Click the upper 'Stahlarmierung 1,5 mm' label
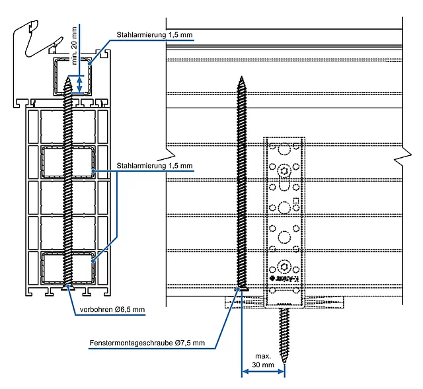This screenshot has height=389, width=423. pyautogui.click(x=154, y=34)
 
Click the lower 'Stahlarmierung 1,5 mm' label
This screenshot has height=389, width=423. pyautogui.click(x=154, y=165)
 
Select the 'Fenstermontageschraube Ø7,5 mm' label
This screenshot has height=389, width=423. pyautogui.click(x=147, y=343)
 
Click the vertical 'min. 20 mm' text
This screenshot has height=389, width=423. pyautogui.click(x=74, y=44)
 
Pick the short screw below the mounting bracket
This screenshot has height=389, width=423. pyautogui.click(x=284, y=334)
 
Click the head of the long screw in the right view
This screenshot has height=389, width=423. pyautogui.click(x=241, y=289)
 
